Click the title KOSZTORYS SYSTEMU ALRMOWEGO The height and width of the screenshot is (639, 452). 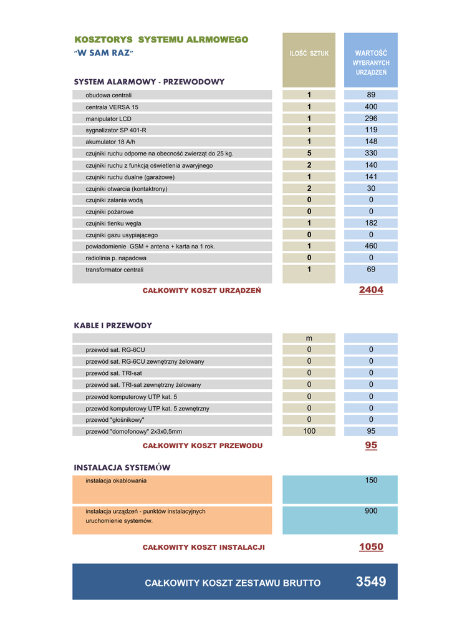tap(161, 40)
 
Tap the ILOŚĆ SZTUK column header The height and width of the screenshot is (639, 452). tap(309, 54)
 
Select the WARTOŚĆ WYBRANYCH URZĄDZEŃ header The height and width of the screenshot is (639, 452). tap(371, 63)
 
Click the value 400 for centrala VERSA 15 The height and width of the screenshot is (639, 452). tap(371, 107)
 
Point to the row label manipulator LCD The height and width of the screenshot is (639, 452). tap(108, 119)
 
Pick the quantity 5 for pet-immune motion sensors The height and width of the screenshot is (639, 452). tap(309, 153)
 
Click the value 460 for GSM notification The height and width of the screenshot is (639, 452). tap(371, 246)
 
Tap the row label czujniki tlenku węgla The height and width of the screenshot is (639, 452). tap(113, 223)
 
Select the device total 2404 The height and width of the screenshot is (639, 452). tap(371, 290)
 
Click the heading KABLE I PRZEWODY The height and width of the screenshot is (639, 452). tap(113, 326)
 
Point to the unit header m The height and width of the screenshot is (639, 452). tap(309, 338)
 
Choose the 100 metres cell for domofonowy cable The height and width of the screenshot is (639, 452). tap(309, 431)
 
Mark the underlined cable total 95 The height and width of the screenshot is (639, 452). tap(371, 446)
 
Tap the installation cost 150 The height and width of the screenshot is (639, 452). tap(371, 480)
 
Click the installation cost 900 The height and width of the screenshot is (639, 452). tap(371, 511)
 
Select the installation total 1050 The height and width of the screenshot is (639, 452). tap(371, 547)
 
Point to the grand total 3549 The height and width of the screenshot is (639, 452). tap(371, 582)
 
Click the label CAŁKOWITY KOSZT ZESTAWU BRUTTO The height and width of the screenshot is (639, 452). tap(233, 583)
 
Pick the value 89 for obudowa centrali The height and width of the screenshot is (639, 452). tap(371, 95)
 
